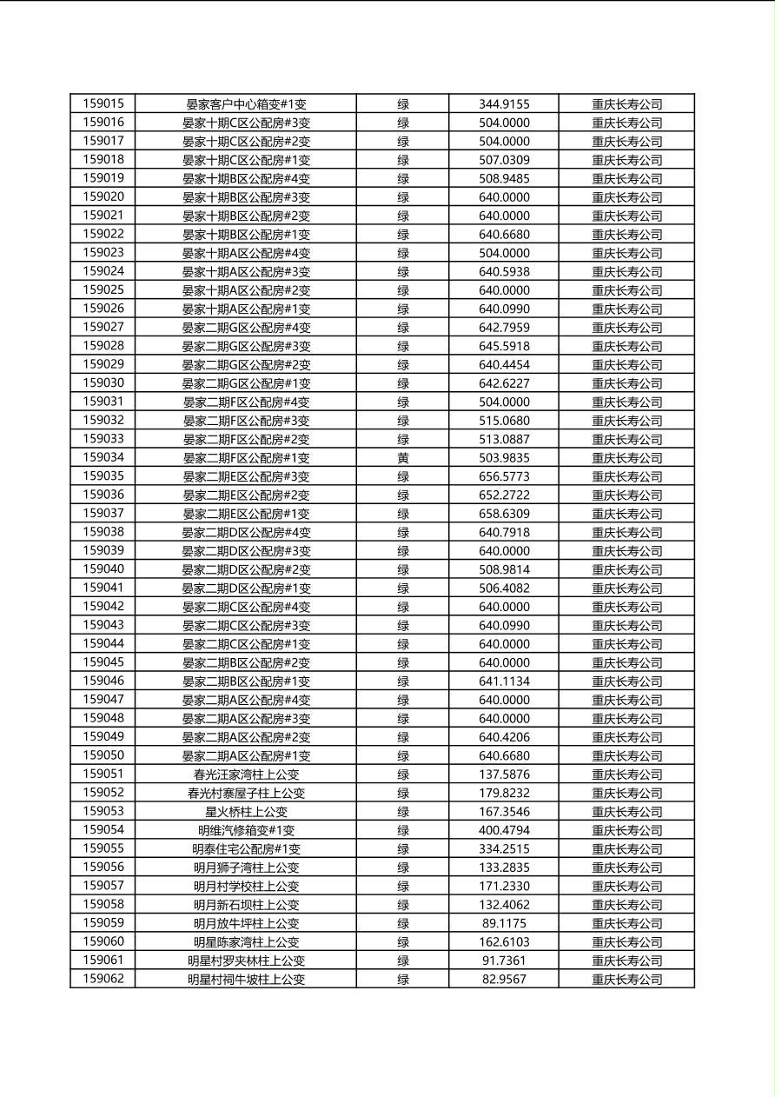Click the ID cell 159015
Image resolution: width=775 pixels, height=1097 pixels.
click(x=103, y=103)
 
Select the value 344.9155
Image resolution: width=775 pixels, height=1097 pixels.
click(x=504, y=104)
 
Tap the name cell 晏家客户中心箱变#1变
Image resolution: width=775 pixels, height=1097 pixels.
click(x=246, y=104)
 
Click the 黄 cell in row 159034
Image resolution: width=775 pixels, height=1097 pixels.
click(x=403, y=458)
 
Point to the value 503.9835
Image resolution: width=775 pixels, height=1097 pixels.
click(x=504, y=458)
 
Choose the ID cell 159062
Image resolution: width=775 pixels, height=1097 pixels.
click(x=103, y=979)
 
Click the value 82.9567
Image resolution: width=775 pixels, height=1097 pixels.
click(x=504, y=980)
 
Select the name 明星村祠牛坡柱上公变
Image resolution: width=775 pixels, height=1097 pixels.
click(x=246, y=980)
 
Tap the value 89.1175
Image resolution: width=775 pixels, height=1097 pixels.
click(x=504, y=924)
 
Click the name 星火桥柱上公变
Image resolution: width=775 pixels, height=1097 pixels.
click(x=246, y=812)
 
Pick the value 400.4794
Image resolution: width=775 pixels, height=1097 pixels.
click(x=504, y=831)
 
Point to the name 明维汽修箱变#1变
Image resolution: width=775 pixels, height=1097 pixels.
click(x=246, y=831)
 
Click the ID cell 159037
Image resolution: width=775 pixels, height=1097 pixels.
click(x=103, y=513)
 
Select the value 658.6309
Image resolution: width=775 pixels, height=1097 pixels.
click(x=504, y=514)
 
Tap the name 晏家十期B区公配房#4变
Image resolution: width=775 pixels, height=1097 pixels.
click(x=246, y=179)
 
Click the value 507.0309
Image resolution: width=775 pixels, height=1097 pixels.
click(x=504, y=160)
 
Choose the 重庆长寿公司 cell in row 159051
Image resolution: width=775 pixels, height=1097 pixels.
click(x=626, y=775)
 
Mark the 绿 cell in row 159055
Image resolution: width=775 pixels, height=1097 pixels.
click(x=403, y=849)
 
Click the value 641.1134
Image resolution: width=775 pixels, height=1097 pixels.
click(x=504, y=681)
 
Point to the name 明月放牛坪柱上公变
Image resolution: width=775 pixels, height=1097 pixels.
click(x=246, y=924)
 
